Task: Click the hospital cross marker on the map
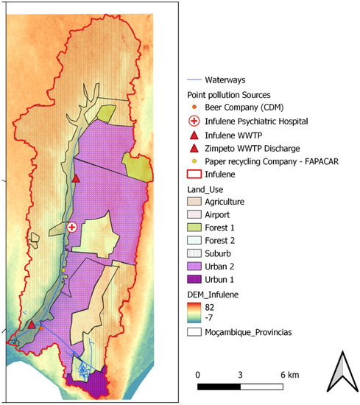pos(71,228)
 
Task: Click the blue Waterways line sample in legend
pos(194,80)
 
